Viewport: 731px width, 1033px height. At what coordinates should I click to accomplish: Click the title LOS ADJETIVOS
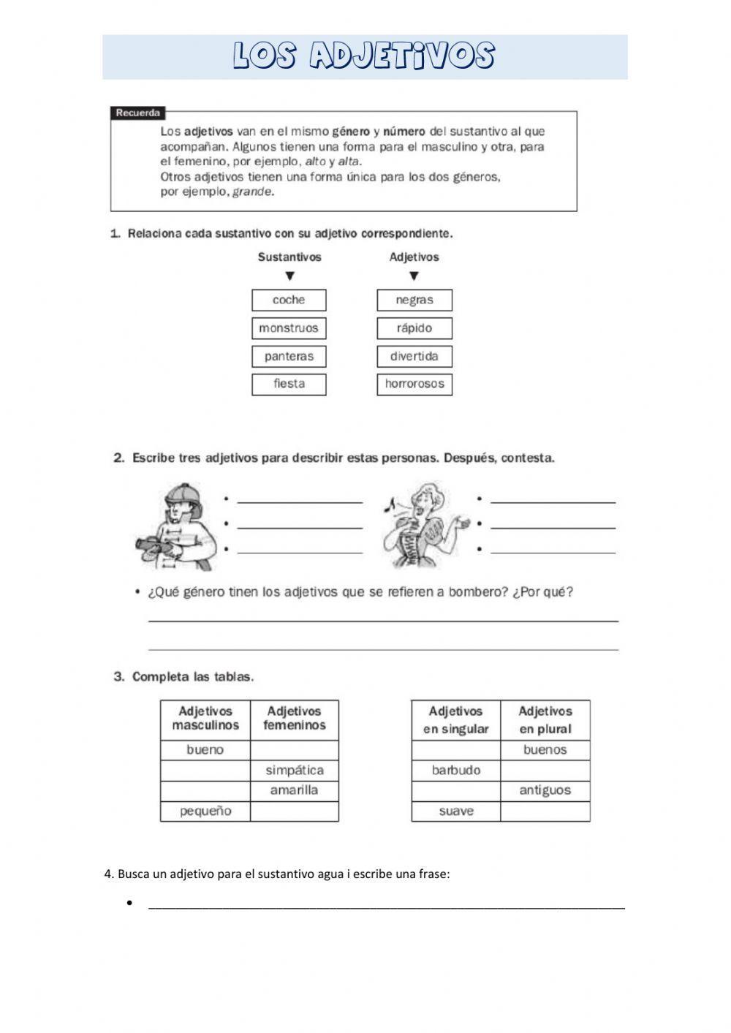click(x=364, y=56)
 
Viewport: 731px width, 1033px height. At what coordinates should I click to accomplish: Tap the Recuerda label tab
click(x=137, y=113)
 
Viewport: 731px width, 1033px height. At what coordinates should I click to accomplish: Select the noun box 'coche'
click(x=289, y=300)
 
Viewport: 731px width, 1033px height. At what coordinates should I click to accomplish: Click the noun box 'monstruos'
click(x=289, y=328)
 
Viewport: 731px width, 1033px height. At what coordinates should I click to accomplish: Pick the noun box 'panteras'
click(x=289, y=357)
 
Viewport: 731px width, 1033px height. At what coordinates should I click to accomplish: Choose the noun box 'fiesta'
click(x=289, y=384)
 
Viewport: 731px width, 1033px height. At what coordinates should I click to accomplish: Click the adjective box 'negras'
click(x=414, y=300)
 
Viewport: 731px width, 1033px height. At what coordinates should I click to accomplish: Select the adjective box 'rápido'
click(x=414, y=328)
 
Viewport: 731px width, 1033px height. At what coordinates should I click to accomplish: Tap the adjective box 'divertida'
click(x=414, y=357)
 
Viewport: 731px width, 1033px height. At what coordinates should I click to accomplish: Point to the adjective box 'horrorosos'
click(x=414, y=384)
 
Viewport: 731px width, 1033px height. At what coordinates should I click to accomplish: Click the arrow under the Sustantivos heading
click(x=289, y=276)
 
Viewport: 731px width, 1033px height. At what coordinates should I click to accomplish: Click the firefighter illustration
click(x=178, y=526)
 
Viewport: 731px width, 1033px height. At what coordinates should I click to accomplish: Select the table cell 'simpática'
click(x=294, y=771)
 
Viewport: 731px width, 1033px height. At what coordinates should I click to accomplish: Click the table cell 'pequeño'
click(x=205, y=811)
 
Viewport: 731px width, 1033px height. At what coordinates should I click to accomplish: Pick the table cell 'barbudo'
click(x=455, y=771)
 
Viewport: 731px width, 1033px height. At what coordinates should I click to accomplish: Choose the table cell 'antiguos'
click(x=545, y=790)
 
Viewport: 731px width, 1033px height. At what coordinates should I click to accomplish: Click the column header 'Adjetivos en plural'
click(x=545, y=720)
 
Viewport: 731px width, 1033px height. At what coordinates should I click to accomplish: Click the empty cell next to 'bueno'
click(x=294, y=750)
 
